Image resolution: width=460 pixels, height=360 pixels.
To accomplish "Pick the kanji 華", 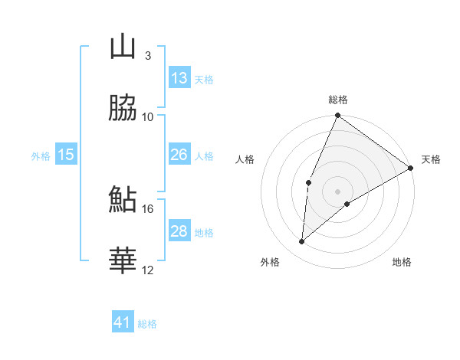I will [x=123, y=261].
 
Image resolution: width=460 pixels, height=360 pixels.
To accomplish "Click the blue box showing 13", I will [x=179, y=78].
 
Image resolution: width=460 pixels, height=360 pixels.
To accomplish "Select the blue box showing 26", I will [x=179, y=155].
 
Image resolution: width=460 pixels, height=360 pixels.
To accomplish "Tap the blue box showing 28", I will [x=179, y=231].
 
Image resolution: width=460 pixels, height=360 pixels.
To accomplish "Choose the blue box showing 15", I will [x=65, y=155].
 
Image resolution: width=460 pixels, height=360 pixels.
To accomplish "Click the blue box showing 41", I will [x=123, y=322].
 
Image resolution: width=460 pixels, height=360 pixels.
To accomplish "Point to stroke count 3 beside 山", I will [x=147, y=55].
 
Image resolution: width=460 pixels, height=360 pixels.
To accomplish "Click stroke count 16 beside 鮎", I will [x=148, y=208].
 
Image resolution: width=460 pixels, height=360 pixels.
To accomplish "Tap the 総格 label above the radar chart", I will [x=338, y=100].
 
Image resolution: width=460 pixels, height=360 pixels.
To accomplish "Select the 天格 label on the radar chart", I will [x=431, y=159].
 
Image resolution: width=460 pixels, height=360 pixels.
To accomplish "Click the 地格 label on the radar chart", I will [x=402, y=262].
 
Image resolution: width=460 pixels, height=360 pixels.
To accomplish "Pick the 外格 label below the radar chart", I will [x=270, y=262].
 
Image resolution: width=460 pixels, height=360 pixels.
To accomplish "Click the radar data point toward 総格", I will [x=337, y=116].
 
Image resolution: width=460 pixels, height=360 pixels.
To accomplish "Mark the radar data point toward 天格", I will [x=411, y=168].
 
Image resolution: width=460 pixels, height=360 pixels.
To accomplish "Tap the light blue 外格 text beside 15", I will [x=41, y=155].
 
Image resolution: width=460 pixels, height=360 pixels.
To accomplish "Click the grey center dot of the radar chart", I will [x=337, y=191].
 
